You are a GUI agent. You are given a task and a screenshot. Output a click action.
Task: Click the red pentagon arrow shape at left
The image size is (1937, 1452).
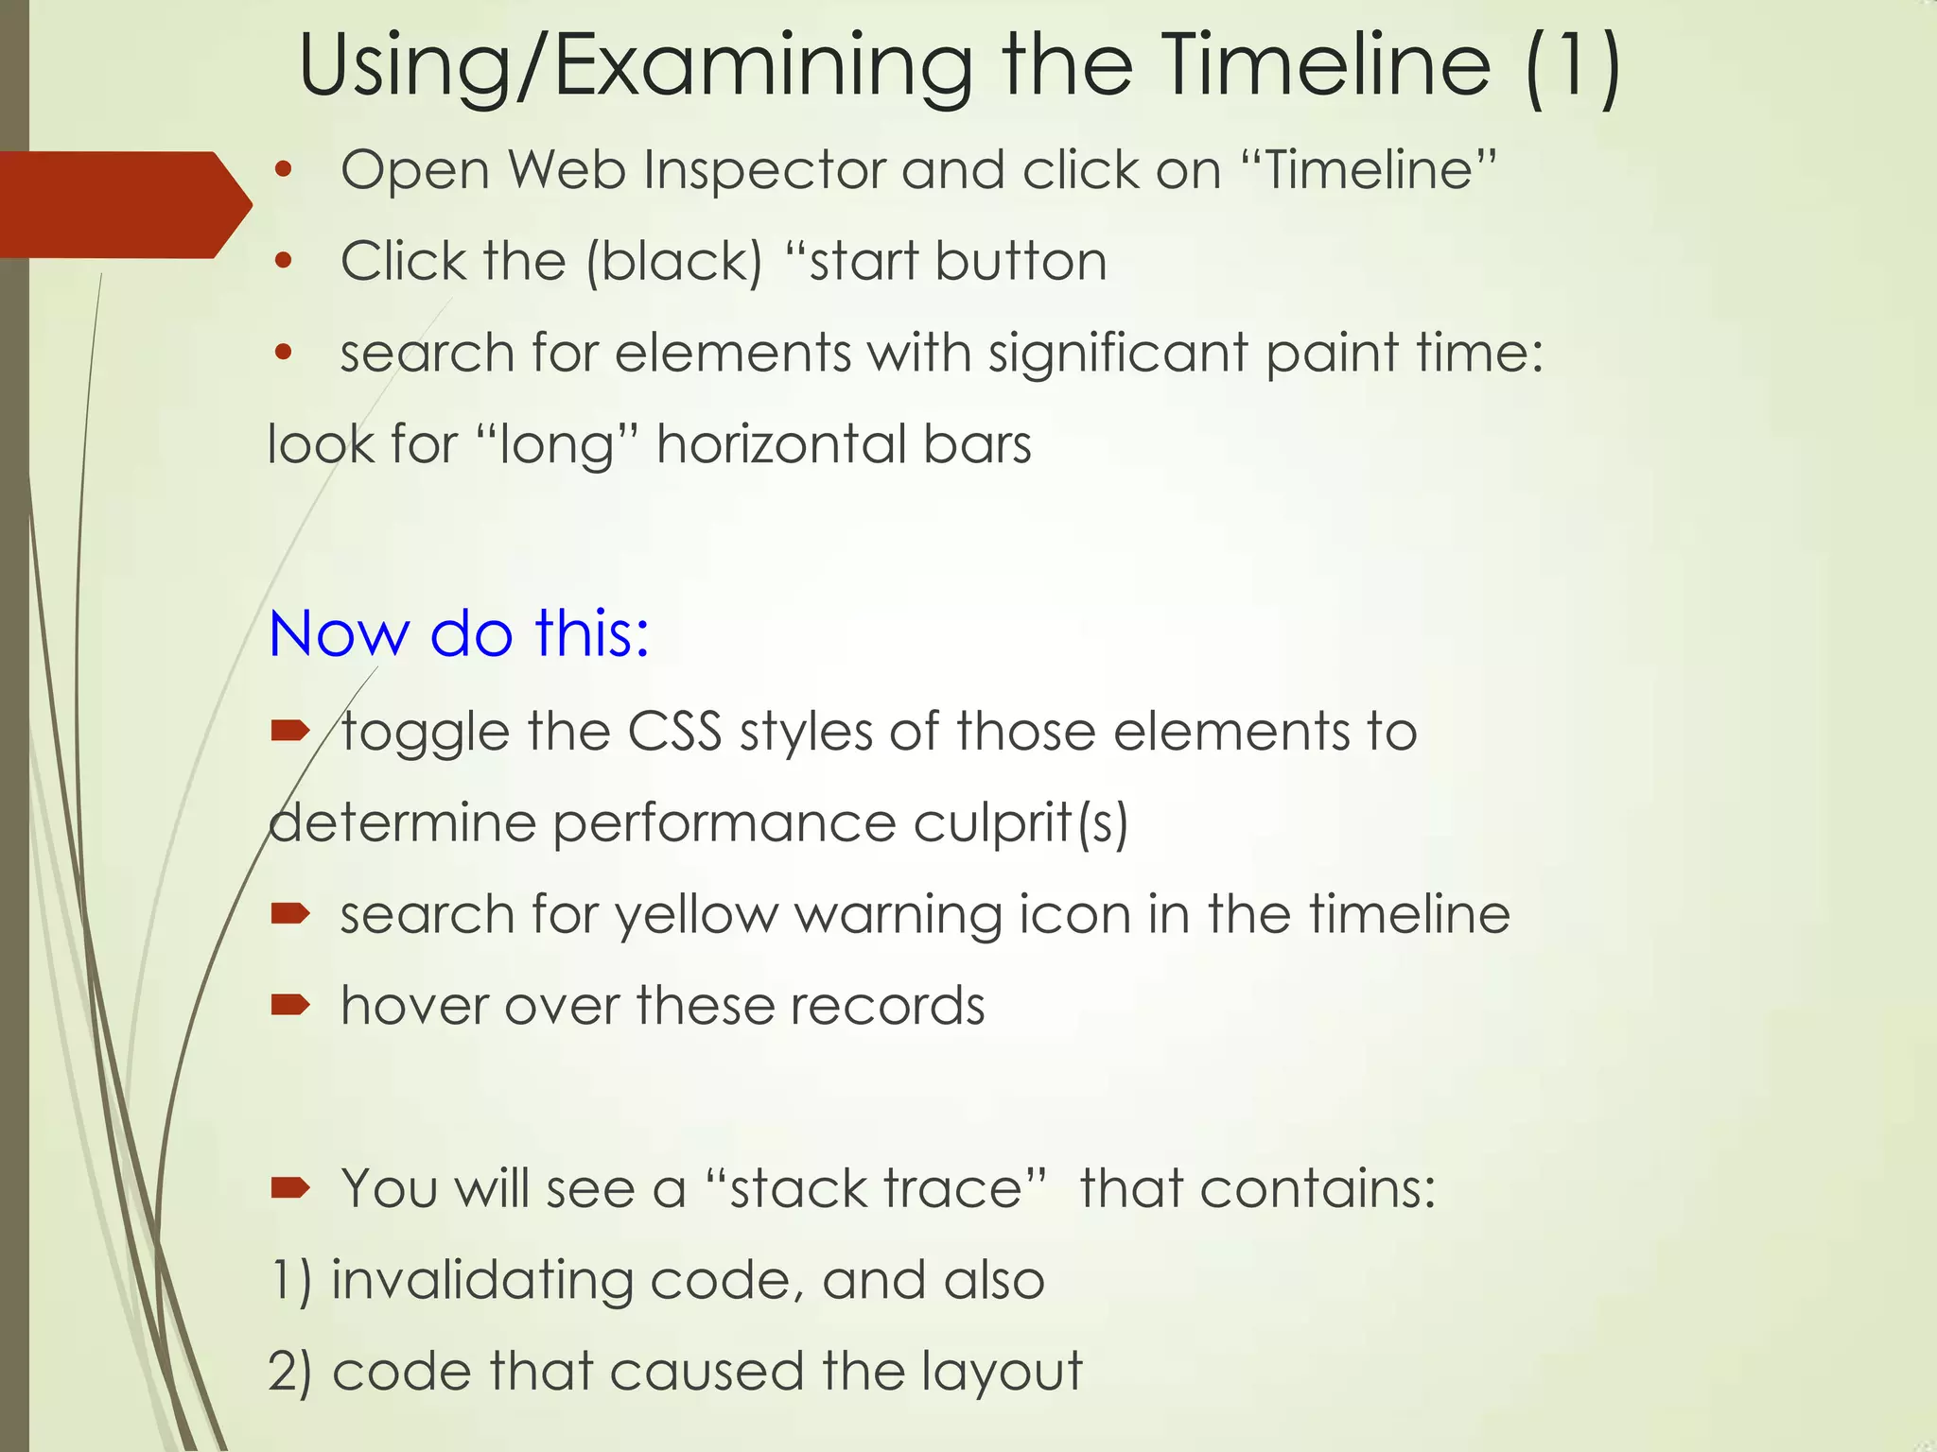tap(118, 204)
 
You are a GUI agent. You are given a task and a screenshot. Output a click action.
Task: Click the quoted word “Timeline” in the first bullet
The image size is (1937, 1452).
tap(1368, 171)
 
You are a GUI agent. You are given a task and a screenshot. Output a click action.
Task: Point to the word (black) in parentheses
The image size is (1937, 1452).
tap(673, 262)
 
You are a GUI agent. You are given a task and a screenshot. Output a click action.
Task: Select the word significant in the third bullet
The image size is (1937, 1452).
tap(1118, 354)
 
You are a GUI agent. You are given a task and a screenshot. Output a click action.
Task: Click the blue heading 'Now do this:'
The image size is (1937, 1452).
tap(460, 633)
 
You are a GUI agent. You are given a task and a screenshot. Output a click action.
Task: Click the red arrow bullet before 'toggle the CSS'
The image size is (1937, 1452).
tap(289, 730)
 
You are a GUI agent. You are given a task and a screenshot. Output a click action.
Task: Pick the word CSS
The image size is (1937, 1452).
tap(674, 732)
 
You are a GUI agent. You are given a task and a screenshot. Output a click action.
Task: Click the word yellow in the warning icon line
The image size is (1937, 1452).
tap(696, 915)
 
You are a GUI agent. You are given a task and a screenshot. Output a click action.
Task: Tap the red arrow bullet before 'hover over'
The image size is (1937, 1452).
tap(289, 1004)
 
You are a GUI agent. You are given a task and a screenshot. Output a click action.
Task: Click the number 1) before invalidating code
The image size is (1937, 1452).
tap(290, 1281)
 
